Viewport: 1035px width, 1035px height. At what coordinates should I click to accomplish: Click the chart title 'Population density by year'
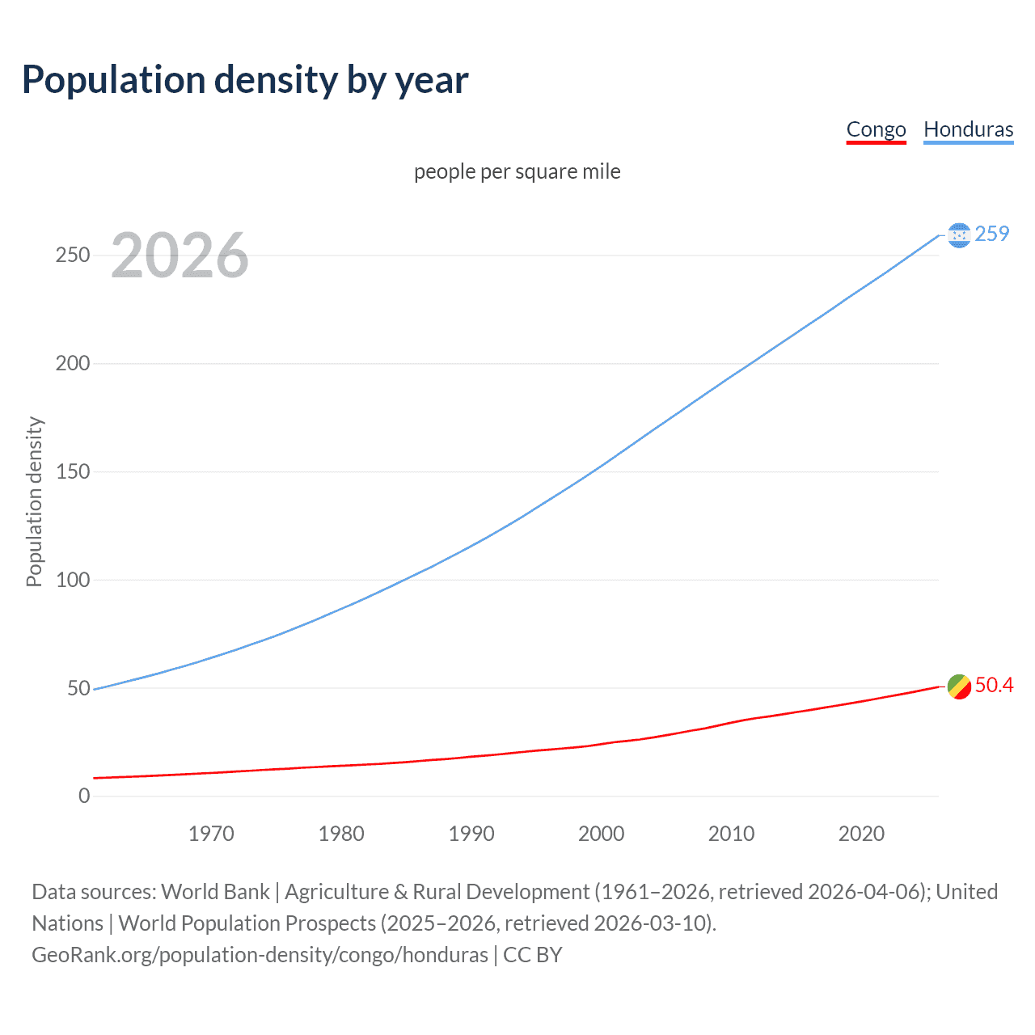[245, 80]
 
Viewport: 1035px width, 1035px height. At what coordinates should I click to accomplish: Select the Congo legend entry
[876, 129]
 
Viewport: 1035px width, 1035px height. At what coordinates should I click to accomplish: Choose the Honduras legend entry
[968, 129]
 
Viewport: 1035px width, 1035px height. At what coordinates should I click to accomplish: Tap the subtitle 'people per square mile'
[517, 171]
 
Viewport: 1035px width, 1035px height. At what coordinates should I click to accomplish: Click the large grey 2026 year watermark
[180, 256]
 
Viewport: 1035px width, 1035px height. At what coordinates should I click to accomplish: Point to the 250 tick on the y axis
[73, 256]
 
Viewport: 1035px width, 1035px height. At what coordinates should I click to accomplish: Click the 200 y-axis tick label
[73, 363]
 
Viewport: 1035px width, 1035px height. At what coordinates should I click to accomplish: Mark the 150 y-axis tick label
[73, 471]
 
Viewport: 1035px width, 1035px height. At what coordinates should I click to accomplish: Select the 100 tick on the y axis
[73, 580]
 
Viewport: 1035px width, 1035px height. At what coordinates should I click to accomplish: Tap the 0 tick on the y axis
[84, 796]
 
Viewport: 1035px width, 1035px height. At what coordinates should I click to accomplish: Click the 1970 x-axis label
[211, 834]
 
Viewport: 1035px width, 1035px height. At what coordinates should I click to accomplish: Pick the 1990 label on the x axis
[471, 834]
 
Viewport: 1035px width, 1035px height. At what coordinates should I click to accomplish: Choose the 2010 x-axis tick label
[731, 834]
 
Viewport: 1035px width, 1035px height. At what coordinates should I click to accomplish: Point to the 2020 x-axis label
[861, 834]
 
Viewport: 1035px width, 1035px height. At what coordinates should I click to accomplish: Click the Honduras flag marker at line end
[959, 235]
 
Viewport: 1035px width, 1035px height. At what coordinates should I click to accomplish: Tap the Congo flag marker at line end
[959, 686]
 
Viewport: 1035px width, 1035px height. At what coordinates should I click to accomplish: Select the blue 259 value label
[992, 234]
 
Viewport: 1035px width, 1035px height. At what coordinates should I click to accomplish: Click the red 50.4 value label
[994, 685]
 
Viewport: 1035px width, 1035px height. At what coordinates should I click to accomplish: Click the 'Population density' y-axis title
[34, 501]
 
